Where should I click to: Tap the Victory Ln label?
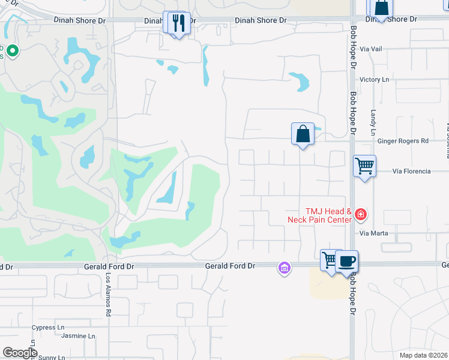(x=374, y=79)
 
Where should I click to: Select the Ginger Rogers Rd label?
(x=403, y=141)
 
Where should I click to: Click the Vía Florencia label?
(x=411, y=171)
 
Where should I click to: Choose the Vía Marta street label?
(x=374, y=233)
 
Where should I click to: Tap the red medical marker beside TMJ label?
(x=361, y=214)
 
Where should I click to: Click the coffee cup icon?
(x=346, y=262)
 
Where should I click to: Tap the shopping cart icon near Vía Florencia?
(x=364, y=164)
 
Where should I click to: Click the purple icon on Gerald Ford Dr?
(x=284, y=268)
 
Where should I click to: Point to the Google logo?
(x=19, y=353)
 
